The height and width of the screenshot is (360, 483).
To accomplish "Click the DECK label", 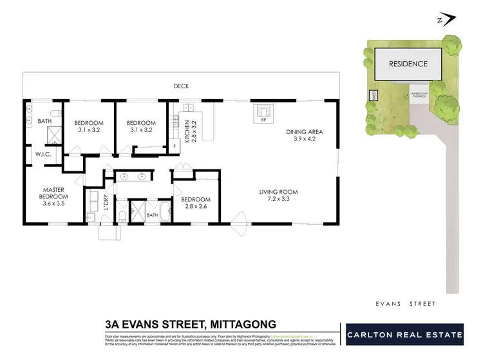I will tap(181, 86).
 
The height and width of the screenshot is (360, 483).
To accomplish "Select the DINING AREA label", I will tap(304, 132).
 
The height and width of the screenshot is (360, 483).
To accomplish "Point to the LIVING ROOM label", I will tap(279, 192).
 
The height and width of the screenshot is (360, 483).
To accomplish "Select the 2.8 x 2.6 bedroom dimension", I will tap(197, 207).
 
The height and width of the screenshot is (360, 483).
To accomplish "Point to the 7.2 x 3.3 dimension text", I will tap(279, 200).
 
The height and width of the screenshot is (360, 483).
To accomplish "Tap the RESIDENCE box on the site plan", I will tap(408, 64).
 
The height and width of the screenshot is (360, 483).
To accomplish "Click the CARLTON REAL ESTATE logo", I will tap(404, 335).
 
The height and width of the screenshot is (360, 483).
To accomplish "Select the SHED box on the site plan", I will tap(374, 95).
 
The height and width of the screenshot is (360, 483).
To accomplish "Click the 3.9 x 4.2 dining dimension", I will tap(304, 140).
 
